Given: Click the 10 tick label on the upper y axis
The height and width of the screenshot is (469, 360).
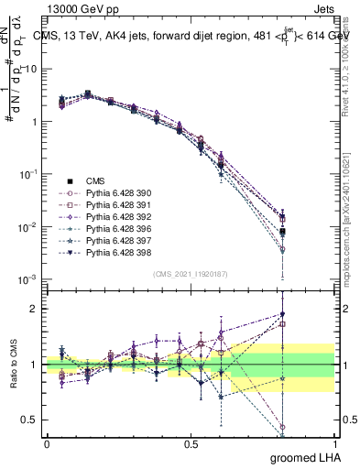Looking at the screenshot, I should (x=30, y=69).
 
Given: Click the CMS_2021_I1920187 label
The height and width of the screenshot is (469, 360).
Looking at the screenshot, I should (x=191, y=274).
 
